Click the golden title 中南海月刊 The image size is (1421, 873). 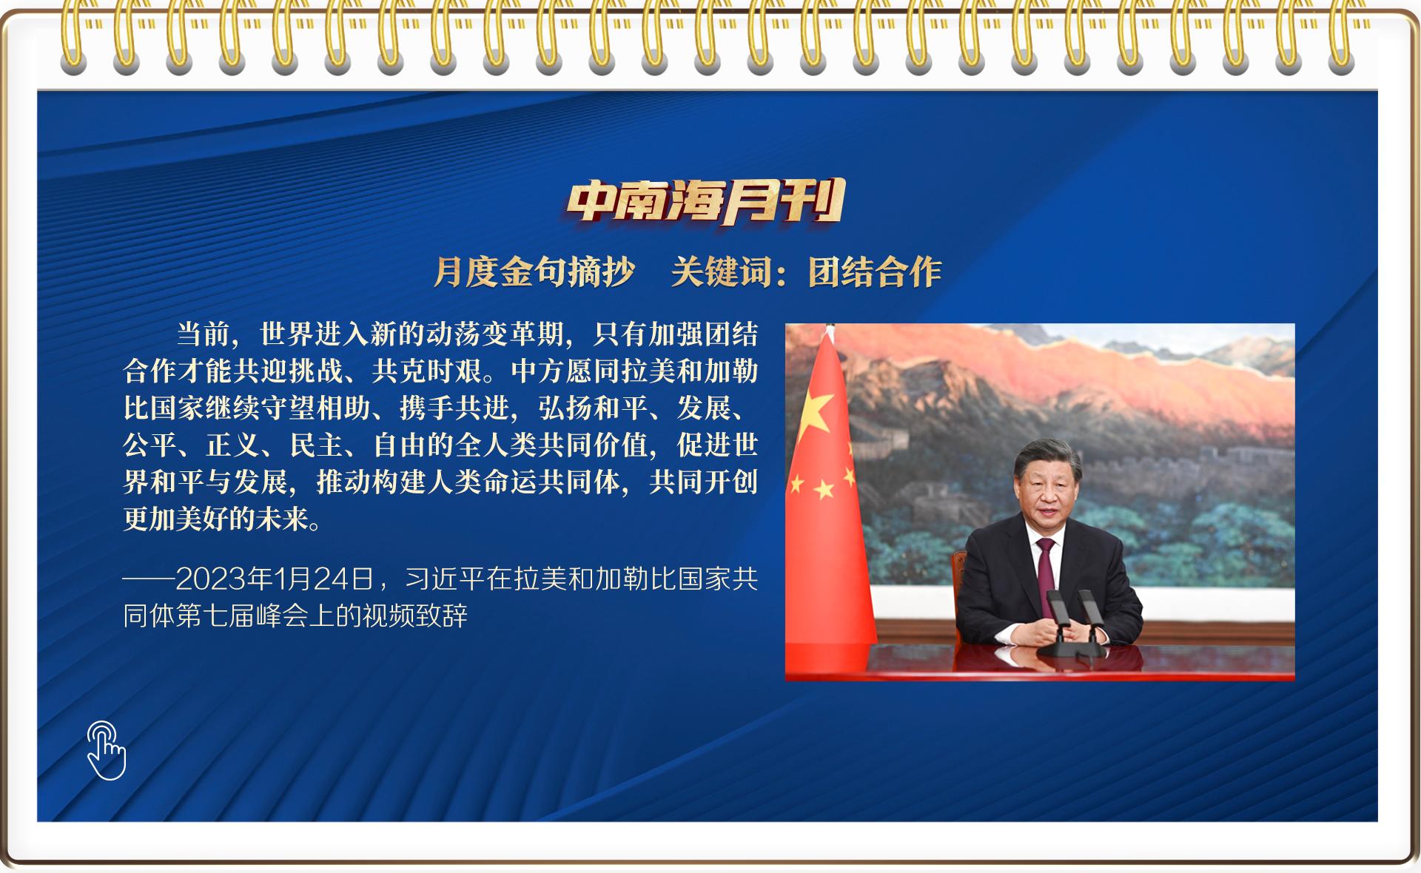[x=706, y=201]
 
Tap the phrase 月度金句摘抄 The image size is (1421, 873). [x=534, y=272]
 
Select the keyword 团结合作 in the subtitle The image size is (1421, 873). [x=874, y=272]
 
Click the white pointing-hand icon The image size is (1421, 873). [x=107, y=750]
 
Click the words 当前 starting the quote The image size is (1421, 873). [x=203, y=334]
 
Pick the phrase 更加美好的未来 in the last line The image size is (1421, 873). [x=215, y=519]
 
